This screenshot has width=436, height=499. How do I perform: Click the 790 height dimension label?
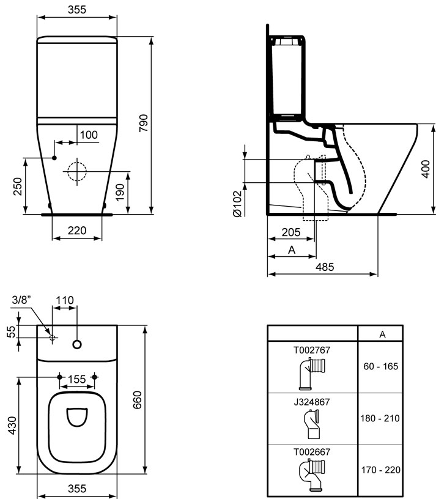144,123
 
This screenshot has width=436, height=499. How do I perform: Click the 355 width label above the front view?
77,10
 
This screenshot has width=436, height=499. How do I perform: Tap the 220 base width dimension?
77,230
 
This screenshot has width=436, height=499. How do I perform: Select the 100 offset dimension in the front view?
89,135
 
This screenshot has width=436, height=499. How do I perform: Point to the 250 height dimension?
17,187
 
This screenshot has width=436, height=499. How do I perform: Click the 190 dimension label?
120,192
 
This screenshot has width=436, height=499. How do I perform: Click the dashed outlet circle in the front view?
76,171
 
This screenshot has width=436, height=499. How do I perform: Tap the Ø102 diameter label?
238,204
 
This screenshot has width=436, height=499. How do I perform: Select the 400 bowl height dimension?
425,169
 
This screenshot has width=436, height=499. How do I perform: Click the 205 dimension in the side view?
291,232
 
